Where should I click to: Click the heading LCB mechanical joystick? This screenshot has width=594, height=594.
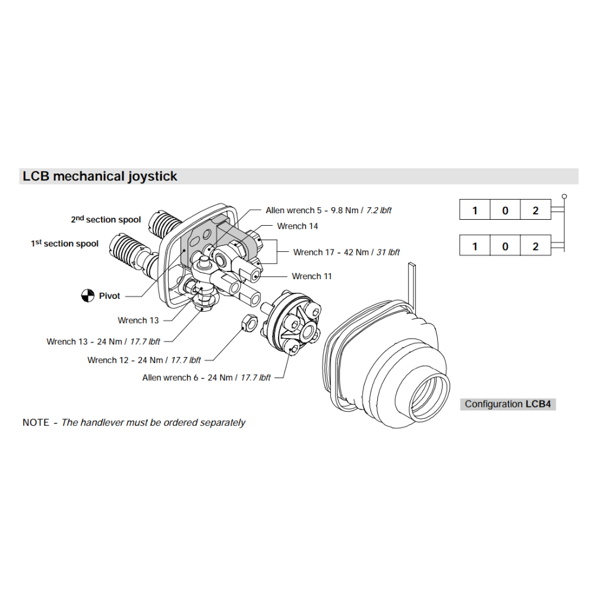100,176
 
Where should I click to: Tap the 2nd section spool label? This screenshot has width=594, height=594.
106,220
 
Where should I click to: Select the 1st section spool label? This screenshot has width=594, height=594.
65,244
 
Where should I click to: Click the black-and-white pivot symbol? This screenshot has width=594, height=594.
88,295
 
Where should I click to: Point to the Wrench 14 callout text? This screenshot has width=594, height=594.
298,226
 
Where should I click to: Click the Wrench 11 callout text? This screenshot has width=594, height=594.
312,276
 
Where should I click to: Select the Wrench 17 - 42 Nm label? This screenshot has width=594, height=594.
346,252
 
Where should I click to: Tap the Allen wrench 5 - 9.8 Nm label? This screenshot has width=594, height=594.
328,210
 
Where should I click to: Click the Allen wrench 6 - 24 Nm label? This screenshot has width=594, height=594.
206,378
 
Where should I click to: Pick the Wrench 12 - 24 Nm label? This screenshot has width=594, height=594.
144,360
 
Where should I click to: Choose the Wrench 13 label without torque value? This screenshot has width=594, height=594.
138,321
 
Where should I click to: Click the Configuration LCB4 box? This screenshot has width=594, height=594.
508,404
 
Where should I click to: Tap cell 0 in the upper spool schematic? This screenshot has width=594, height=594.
505,211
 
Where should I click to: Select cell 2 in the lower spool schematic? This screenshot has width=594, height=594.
535,246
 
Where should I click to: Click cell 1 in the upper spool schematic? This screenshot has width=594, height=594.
475,211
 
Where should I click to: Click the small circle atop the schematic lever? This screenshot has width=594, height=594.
564,195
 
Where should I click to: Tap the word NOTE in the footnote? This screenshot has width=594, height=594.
36,423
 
